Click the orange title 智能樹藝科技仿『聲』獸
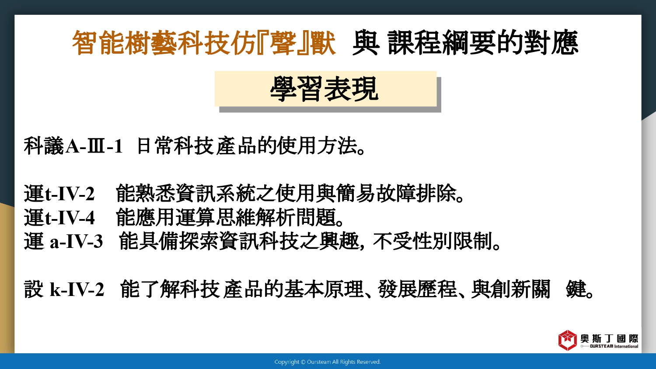(204, 43)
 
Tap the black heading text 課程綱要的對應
(483, 43)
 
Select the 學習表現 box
(326, 89)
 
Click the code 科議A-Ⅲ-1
(73, 146)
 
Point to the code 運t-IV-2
(59, 193)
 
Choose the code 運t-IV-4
(59, 217)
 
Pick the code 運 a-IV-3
(63, 241)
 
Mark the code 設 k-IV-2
(64, 289)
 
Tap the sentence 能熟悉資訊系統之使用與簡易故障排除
(286, 193)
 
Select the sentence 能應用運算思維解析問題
(226, 217)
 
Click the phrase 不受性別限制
(433, 241)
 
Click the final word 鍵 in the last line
(576, 289)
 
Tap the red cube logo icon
(567, 340)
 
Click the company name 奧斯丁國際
(609, 338)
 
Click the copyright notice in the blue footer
(328, 362)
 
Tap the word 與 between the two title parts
(366, 43)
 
